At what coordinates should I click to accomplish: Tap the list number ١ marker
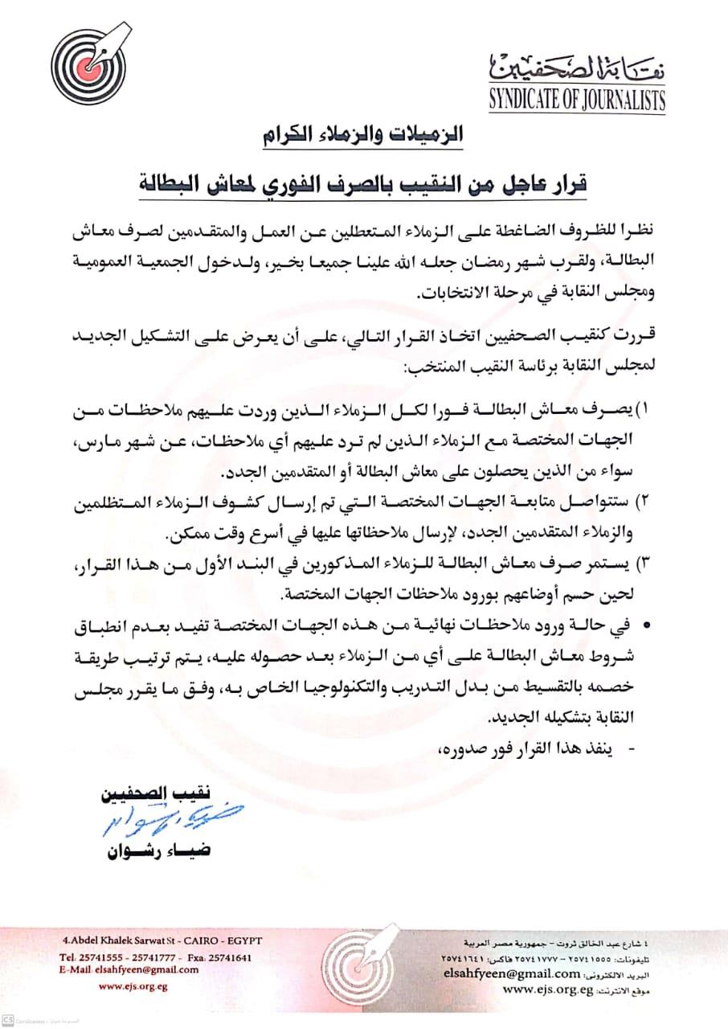tap(643, 411)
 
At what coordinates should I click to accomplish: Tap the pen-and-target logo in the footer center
tap(362, 965)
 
